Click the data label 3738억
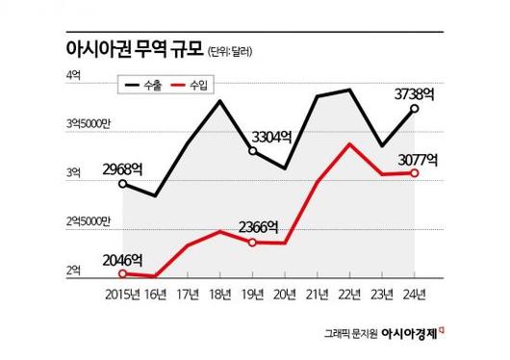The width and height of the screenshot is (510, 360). (x=417, y=93)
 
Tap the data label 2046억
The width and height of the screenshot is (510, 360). (x=122, y=259)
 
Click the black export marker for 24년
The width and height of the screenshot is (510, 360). (x=415, y=109)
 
